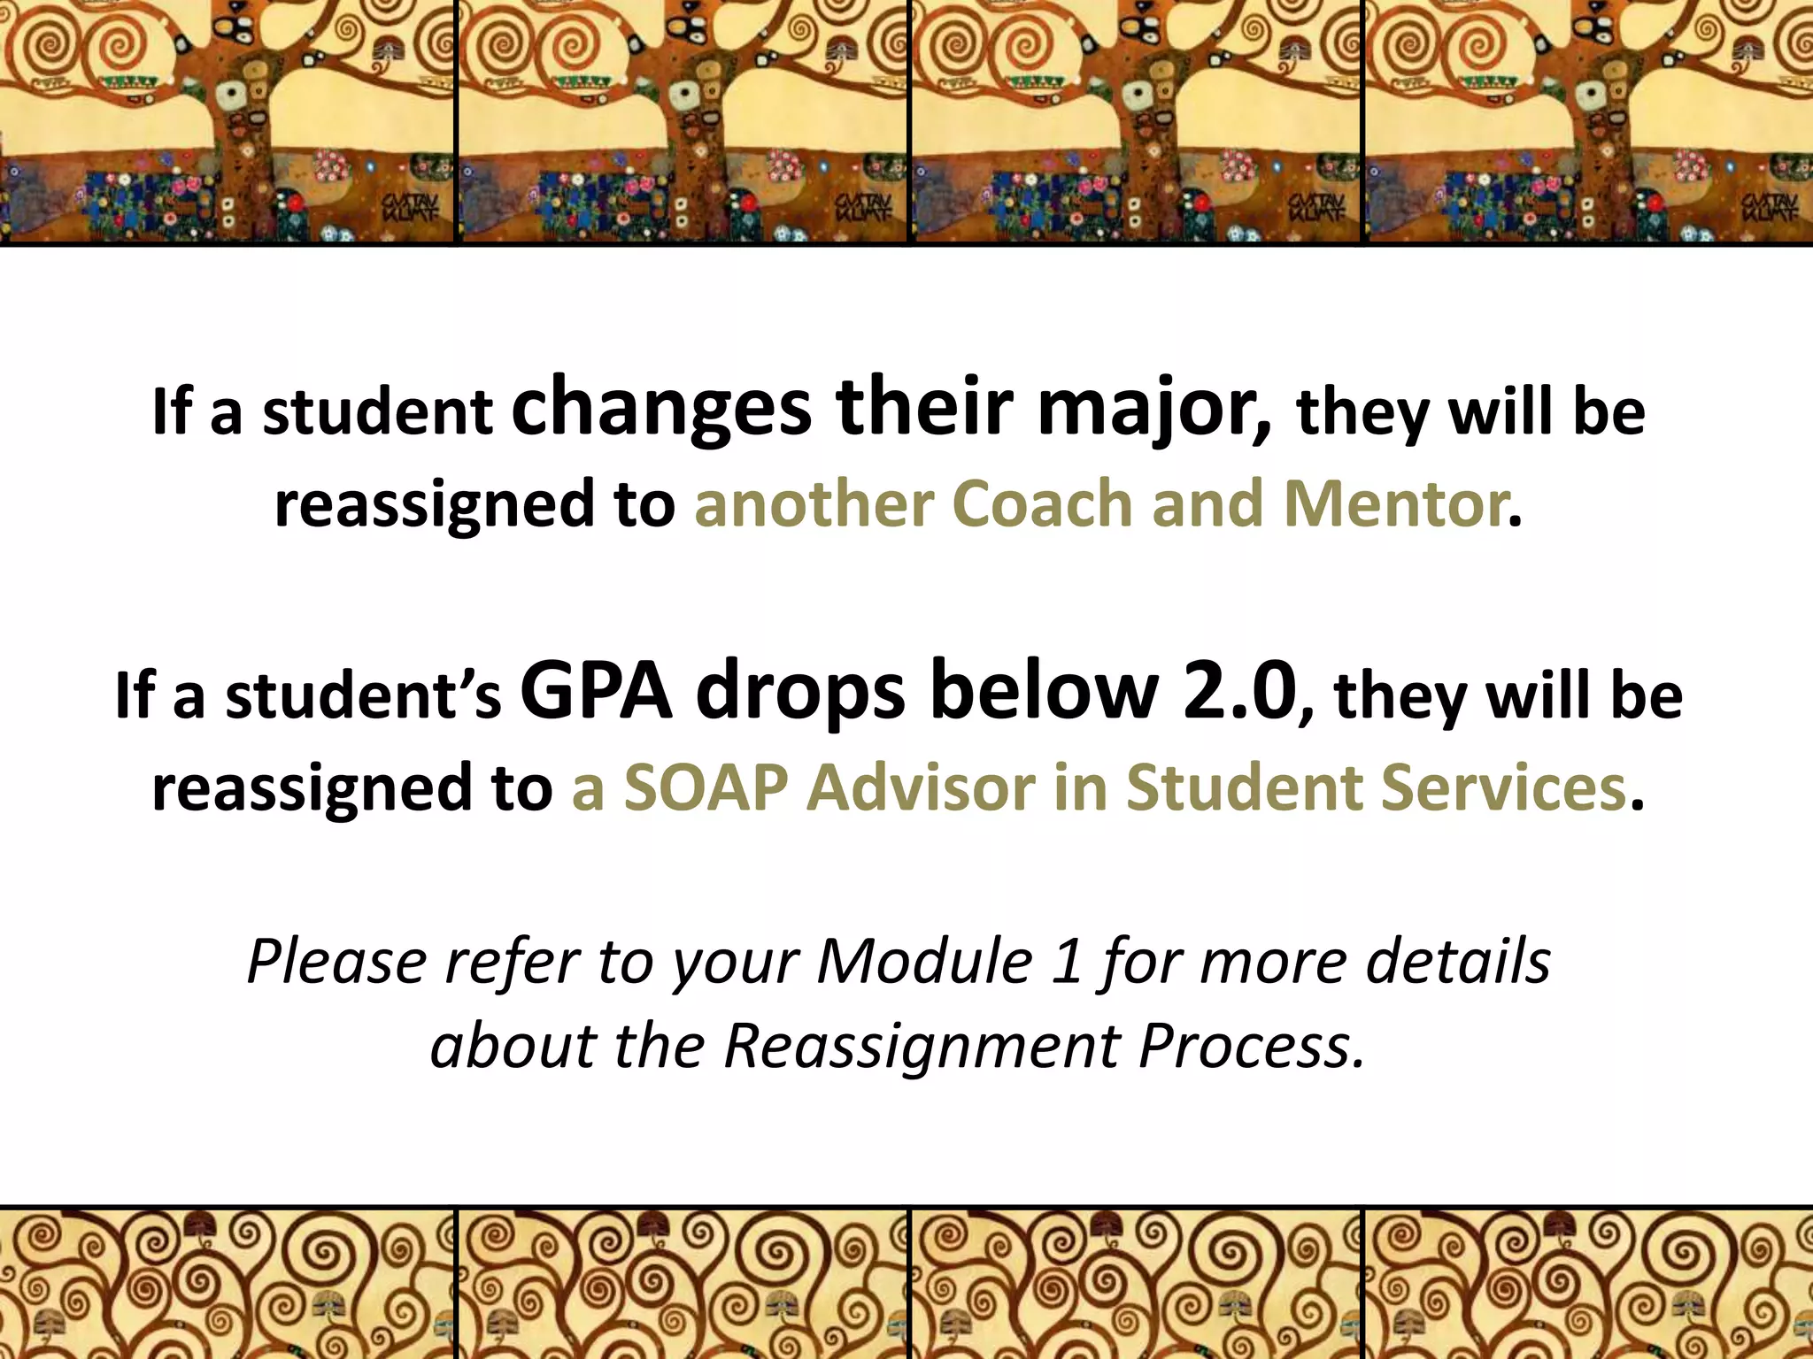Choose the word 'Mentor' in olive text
(x=1393, y=504)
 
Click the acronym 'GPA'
(x=597, y=692)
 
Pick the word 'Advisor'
(x=920, y=787)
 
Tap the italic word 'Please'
(x=337, y=962)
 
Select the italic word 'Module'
(x=924, y=962)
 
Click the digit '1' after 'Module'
(x=1068, y=962)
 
